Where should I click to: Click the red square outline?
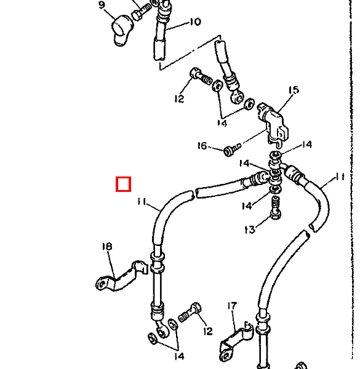click(123, 184)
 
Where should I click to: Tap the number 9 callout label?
click(102, 5)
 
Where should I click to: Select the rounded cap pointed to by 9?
click(121, 30)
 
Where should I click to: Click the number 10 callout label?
click(196, 22)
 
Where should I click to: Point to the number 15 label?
click(294, 90)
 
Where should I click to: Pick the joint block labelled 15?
click(273, 124)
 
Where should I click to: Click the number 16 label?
click(202, 146)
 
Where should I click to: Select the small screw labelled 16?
click(232, 149)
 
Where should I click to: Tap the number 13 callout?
click(250, 229)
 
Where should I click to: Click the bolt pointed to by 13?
click(276, 208)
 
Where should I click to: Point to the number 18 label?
click(107, 247)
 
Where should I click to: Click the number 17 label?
click(232, 306)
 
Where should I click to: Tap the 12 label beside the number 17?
click(208, 331)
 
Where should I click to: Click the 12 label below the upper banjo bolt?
click(179, 98)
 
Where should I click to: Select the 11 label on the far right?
click(340, 177)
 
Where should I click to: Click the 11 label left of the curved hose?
click(142, 202)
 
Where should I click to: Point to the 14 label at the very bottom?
click(180, 357)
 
